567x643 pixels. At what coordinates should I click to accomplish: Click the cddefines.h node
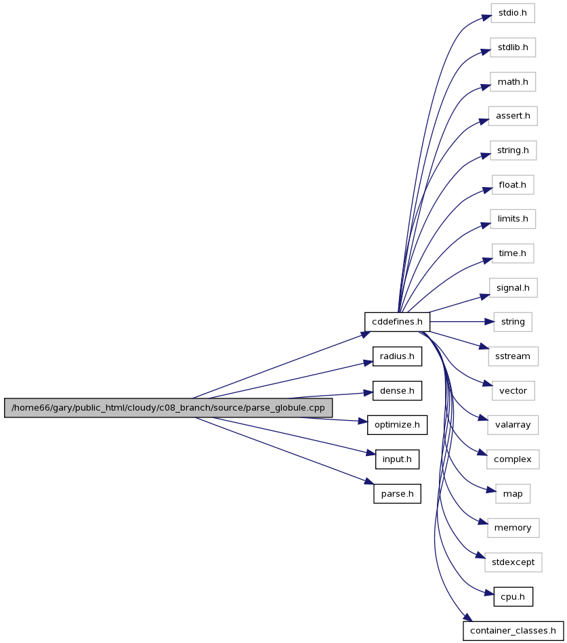397,322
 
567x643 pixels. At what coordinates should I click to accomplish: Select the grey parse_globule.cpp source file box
168,408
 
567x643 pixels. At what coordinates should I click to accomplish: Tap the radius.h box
397,356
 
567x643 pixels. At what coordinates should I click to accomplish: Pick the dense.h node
397,391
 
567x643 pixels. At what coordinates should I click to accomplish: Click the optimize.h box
397,425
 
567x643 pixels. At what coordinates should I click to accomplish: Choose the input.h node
397,459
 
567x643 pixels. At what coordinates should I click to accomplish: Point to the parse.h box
397,494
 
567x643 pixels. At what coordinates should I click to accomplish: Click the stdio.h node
513,13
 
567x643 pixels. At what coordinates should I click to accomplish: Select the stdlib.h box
513,47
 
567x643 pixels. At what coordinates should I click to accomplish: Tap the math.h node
513,82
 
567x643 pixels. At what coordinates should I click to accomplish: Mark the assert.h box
513,116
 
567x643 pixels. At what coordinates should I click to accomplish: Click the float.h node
513,185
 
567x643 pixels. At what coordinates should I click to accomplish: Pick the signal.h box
513,288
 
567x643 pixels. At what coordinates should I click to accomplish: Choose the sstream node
513,356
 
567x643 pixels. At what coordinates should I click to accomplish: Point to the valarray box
513,425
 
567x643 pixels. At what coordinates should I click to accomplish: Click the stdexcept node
513,562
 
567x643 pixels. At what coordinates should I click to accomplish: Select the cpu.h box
513,597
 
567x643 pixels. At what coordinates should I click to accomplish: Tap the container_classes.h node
513,631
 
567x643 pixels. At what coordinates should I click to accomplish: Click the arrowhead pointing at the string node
490,322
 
